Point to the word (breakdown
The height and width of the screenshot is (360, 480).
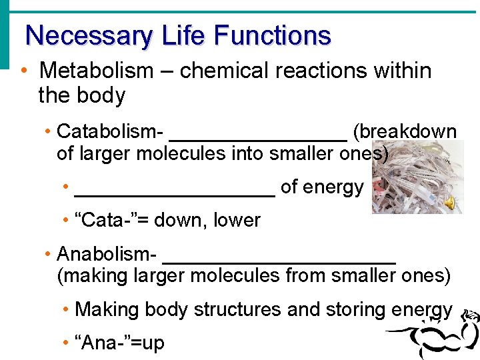tap(405, 131)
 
